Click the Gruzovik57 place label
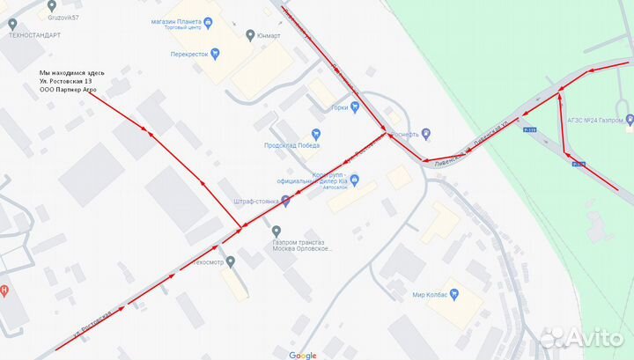tap(63, 17)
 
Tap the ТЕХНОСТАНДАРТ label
tap(34, 35)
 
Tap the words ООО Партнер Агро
tap(68, 91)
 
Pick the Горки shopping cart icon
tap(355, 107)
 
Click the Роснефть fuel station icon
tap(426, 134)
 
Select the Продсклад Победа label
tap(291, 146)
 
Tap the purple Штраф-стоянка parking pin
tap(284, 202)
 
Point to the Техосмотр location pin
tap(231, 261)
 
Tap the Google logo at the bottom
tap(302, 355)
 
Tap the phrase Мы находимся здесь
tap(72, 72)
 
